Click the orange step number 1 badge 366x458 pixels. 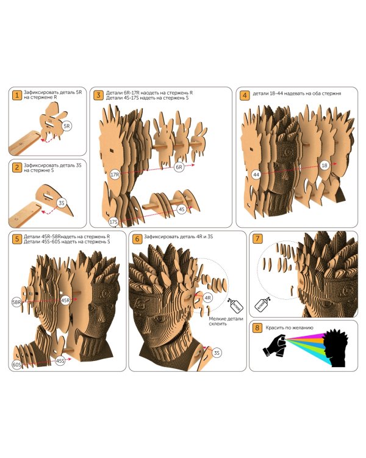pos(17,95)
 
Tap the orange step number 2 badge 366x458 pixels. pos(17,168)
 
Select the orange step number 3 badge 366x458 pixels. pos(98,95)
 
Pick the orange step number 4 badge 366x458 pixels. pos(245,95)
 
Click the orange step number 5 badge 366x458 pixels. pos(17,239)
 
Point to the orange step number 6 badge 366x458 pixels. pos(137,239)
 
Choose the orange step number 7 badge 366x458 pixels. pos(257,239)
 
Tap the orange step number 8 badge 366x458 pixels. pos(257,328)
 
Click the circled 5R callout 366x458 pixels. pos(67,126)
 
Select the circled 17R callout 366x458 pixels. pos(115,175)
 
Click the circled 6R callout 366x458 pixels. pos(179,167)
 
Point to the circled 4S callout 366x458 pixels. pos(182,209)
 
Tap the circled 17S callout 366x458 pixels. pos(113,222)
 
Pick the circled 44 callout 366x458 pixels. pos(256,175)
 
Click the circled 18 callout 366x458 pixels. pos(325,165)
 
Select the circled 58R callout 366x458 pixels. pos(16,302)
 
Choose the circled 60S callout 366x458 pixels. pos(16,365)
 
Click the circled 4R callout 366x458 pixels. pos(208,298)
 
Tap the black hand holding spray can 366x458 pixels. pos(275,345)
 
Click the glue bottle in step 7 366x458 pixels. pos(262,304)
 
